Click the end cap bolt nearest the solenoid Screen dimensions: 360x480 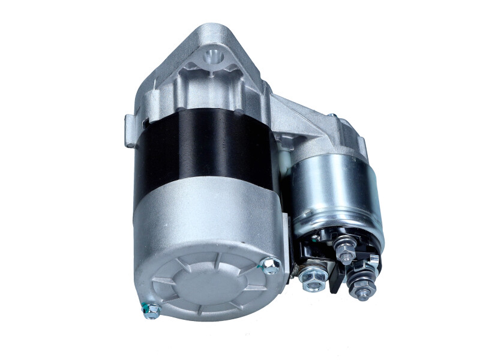271,265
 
